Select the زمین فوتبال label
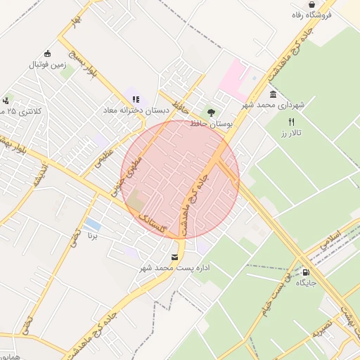click(47, 65)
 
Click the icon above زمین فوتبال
click(47, 53)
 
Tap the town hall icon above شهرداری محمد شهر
click(273, 94)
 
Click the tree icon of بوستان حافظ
click(210, 112)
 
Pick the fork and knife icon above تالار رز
click(291, 122)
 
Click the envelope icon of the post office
click(174, 257)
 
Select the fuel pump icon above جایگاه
click(306, 271)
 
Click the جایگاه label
click(307, 283)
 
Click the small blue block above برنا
click(92, 224)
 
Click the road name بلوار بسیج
click(80, 59)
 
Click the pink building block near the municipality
click(235, 79)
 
